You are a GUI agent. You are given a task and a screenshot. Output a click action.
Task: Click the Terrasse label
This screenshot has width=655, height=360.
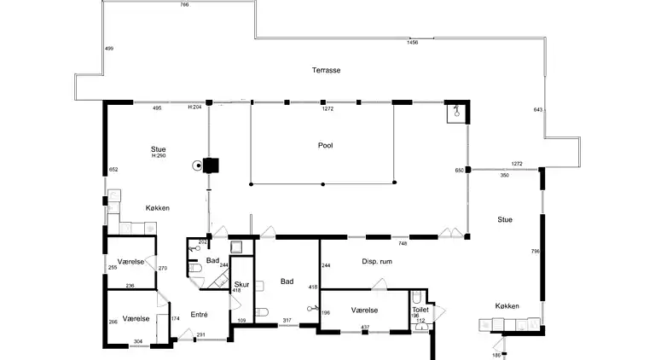pyautogui.click(x=325, y=70)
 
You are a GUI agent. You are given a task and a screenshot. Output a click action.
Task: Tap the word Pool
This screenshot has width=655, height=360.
pyautogui.click(x=325, y=146)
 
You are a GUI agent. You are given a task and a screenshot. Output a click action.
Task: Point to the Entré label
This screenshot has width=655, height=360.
pyautogui.click(x=200, y=314)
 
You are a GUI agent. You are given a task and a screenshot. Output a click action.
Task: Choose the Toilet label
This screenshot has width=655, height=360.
pyautogui.click(x=420, y=310)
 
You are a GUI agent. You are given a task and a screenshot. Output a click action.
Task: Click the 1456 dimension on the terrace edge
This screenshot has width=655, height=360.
pyautogui.click(x=413, y=42)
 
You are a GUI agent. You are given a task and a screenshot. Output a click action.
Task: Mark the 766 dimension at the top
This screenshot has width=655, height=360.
pyautogui.click(x=184, y=5)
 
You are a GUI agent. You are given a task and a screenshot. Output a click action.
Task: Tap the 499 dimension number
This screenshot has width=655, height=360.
pyautogui.click(x=109, y=49)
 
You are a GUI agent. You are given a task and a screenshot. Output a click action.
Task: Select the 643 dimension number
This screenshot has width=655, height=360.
pyautogui.click(x=537, y=109)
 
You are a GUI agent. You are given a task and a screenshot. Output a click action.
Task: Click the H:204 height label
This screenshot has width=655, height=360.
pyautogui.click(x=195, y=108)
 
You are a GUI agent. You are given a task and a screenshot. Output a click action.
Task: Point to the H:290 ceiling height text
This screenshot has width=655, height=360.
pyautogui.click(x=158, y=155)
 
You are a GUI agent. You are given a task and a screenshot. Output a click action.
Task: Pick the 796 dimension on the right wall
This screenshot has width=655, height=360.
pyautogui.click(x=536, y=251)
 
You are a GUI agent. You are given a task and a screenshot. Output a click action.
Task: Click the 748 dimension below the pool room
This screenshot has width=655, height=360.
pyautogui.click(x=403, y=243)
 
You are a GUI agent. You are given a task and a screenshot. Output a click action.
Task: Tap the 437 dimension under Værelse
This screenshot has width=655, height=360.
pyautogui.click(x=364, y=328)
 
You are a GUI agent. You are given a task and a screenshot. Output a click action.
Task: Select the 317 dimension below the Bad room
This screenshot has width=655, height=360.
pyautogui.click(x=287, y=321)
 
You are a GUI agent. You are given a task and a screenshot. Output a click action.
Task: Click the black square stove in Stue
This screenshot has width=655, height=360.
pyautogui.click(x=211, y=165)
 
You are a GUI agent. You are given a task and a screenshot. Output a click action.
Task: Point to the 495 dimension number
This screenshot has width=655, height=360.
pyautogui.click(x=157, y=108)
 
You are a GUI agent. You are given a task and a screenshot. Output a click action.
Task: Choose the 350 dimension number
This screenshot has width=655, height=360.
pyautogui.click(x=504, y=175)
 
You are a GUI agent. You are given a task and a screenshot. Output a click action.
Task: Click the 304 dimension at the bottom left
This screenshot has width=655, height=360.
pyautogui.click(x=137, y=341)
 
